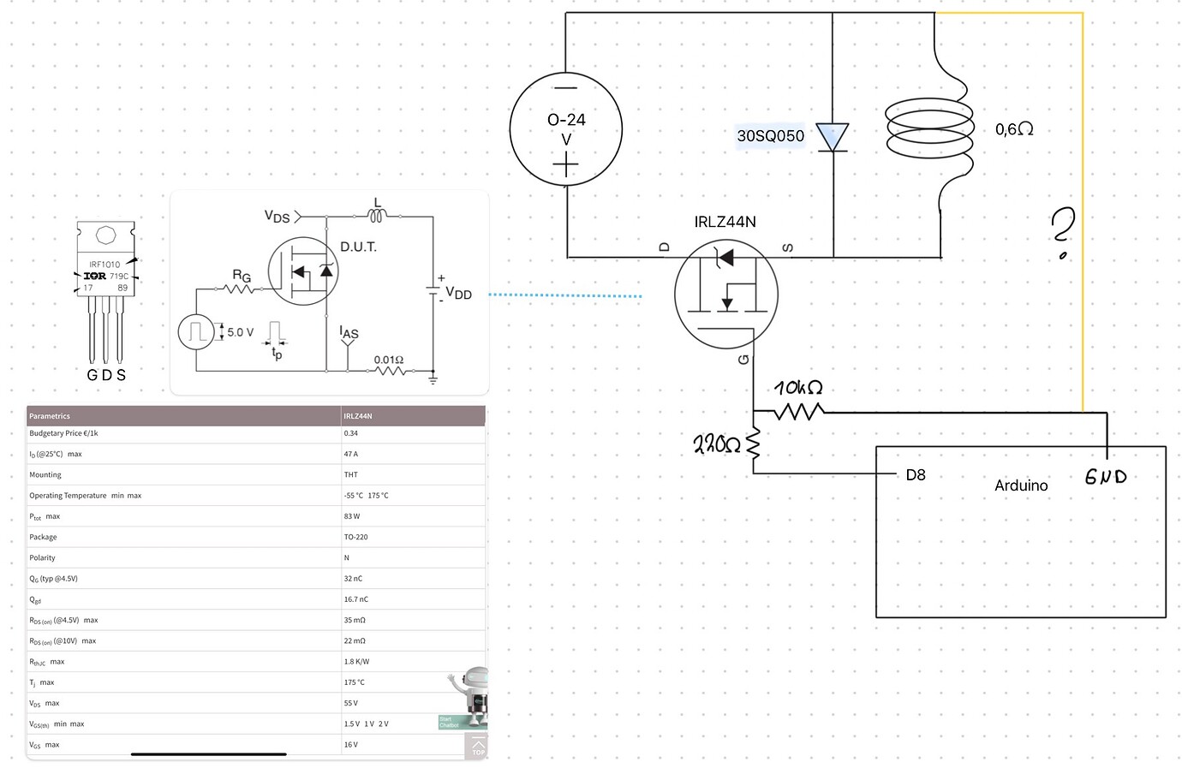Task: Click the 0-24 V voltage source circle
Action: (565, 129)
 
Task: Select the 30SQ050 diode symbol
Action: (832, 138)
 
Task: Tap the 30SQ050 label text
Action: (770, 136)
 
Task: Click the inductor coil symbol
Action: (930, 128)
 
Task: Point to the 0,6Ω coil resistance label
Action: (1014, 129)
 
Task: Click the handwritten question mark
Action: (1062, 232)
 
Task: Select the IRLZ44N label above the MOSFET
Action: (725, 222)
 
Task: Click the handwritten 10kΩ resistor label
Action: (798, 388)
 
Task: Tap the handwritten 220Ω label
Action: (716, 444)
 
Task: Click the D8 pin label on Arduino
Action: (916, 475)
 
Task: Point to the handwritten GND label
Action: (1105, 477)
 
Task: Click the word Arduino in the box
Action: (1021, 485)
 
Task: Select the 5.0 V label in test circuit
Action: (240, 332)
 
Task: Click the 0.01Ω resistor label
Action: (388, 360)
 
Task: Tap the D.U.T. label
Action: (358, 247)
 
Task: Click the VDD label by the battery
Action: (458, 294)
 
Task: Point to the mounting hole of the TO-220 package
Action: (105, 235)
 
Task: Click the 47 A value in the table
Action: (351, 454)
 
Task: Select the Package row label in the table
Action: (43, 537)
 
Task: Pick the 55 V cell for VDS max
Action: (351, 703)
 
